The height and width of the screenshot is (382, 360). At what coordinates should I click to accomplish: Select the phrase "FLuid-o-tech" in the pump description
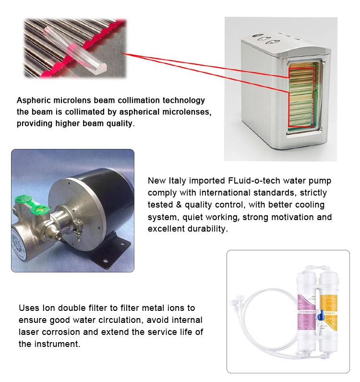click(x=250, y=181)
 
